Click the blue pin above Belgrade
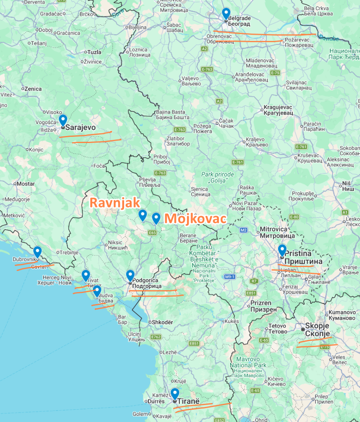(x=226, y=13)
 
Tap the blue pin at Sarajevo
(x=63, y=120)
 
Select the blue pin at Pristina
(x=282, y=250)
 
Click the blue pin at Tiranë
(x=175, y=394)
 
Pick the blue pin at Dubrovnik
(x=38, y=251)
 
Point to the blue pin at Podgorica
(x=130, y=275)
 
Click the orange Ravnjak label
(x=115, y=203)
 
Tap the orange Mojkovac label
(x=195, y=218)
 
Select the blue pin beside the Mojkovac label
(x=156, y=218)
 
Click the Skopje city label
(x=318, y=329)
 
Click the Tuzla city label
(x=94, y=52)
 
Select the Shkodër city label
(x=162, y=322)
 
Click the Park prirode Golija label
(x=217, y=178)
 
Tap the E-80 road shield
(x=294, y=217)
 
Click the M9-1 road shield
(x=230, y=277)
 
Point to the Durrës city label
(x=155, y=401)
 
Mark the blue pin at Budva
(x=97, y=291)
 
